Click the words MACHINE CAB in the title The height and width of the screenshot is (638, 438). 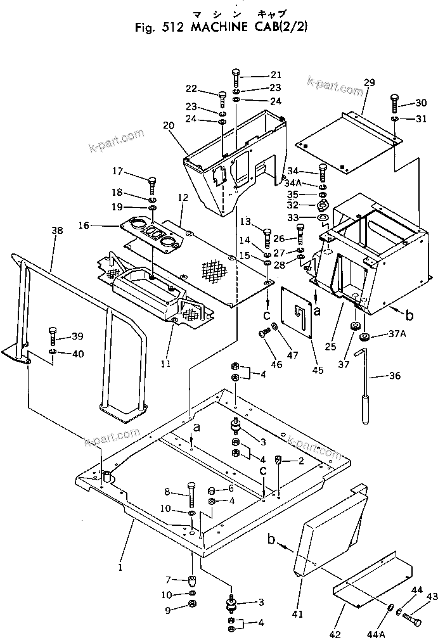coord(238,29)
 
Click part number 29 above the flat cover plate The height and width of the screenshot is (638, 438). coord(370,83)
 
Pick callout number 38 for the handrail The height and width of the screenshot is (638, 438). coord(57,232)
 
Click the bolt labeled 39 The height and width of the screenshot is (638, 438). coord(53,335)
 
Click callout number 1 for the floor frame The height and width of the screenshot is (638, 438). coord(119,567)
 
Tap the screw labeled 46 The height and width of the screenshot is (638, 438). coord(262,332)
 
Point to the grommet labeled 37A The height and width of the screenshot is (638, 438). coord(364,337)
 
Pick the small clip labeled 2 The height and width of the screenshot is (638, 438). coord(278,461)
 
